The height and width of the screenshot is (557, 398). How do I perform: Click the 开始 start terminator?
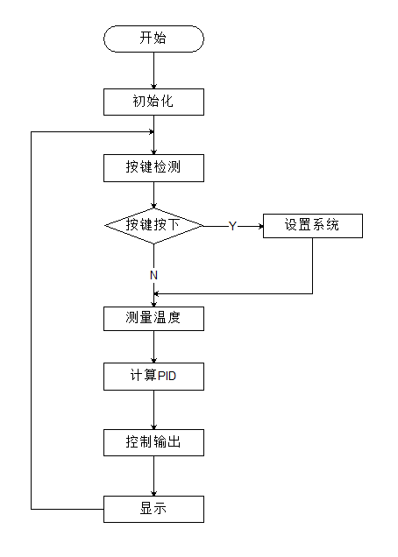[153, 39]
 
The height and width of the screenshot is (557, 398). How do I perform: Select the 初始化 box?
[153, 102]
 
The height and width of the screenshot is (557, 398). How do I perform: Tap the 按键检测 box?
[153, 168]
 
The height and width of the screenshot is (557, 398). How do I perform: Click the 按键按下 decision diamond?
[153, 225]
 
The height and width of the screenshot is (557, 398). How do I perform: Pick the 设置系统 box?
[312, 225]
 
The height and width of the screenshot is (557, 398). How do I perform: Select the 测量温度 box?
[153, 318]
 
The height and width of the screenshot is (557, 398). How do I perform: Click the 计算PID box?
[153, 377]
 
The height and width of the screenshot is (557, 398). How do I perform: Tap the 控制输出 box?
[153, 442]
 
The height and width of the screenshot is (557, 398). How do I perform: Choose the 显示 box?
[153, 509]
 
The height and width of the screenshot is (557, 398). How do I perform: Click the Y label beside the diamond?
[232, 226]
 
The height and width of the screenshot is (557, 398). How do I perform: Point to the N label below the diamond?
[153, 275]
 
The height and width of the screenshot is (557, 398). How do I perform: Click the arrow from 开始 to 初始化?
[153, 70]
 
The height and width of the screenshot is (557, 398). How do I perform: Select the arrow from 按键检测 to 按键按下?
[153, 194]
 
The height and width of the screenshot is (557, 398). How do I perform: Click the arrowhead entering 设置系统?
[259, 225]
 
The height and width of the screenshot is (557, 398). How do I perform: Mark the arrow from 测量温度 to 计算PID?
[153, 347]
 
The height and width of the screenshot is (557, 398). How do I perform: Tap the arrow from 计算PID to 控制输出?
[153, 410]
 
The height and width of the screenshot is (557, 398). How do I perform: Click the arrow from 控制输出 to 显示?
[153, 476]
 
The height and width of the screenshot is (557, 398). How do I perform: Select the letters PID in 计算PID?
[167, 377]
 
